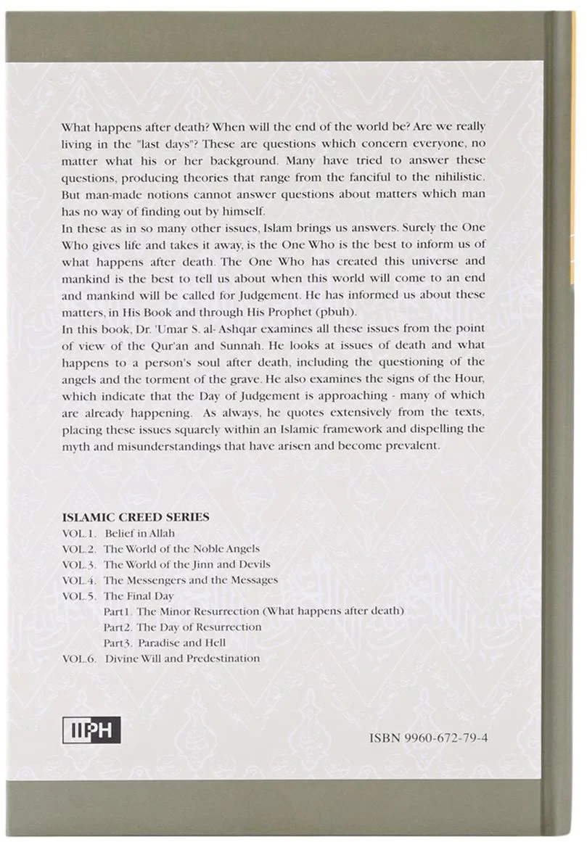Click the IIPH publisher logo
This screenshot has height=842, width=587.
91,729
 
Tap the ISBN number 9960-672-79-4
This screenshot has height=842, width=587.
428,738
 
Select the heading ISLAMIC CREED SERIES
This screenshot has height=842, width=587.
136,517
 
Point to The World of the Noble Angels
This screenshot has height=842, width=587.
181,549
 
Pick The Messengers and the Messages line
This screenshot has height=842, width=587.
190,580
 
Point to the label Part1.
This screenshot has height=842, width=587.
118,611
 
